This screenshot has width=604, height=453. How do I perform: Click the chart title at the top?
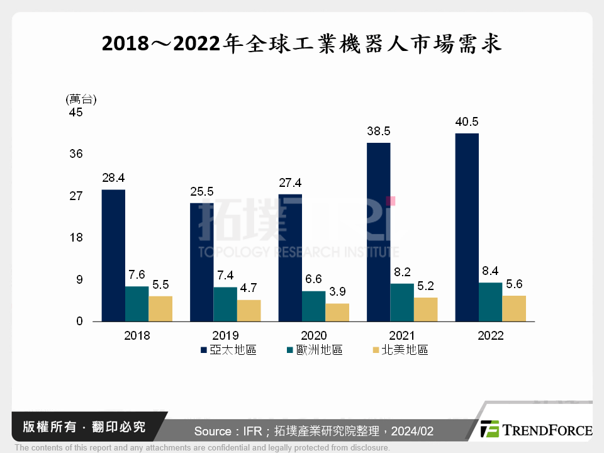[x=302, y=45]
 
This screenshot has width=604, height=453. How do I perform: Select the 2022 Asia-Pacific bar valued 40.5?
[x=467, y=227]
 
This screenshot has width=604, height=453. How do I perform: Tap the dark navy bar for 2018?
[x=113, y=255]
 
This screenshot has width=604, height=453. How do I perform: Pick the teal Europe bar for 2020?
[x=314, y=306]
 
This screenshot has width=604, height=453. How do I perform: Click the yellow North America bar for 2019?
[x=249, y=311]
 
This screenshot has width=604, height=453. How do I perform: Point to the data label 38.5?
[x=379, y=131]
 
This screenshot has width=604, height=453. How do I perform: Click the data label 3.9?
[x=337, y=293]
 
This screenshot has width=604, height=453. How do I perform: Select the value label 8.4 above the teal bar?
[x=491, y=271]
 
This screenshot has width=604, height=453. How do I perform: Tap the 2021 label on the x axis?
[x=402, y=336]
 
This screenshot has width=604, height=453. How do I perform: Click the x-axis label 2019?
[x=225, y=336]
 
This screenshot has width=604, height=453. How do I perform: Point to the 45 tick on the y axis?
[x=76, y=113]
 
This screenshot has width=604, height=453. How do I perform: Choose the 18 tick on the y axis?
[x=76, y=238]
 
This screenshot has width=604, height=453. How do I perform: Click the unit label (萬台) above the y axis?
[x=80, y=99]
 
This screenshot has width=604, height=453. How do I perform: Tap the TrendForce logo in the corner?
[x=535, y=430]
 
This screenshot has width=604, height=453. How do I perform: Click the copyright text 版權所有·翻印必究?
[x=84, y=427]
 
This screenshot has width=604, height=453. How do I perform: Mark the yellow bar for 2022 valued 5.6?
[x=514, y=308]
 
